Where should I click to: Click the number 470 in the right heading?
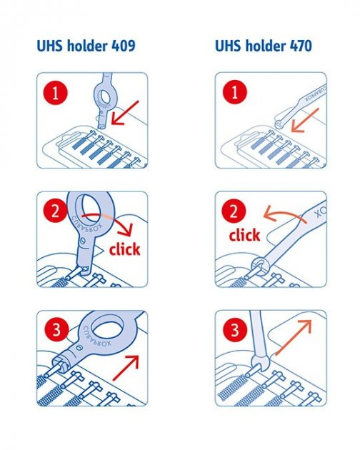300,46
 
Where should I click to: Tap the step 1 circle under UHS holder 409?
56,93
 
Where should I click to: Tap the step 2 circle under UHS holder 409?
55,211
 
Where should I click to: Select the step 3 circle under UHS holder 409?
56,329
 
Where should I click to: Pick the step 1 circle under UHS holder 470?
234,92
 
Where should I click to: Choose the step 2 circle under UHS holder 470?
234,211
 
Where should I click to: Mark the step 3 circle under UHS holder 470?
235,329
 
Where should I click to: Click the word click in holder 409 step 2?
124,249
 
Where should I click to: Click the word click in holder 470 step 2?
244,235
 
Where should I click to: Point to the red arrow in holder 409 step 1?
125,113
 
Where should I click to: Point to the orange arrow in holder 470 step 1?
305,120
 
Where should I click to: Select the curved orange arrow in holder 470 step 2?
284,213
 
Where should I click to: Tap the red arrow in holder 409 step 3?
126,368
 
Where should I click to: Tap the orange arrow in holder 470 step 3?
294,337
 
